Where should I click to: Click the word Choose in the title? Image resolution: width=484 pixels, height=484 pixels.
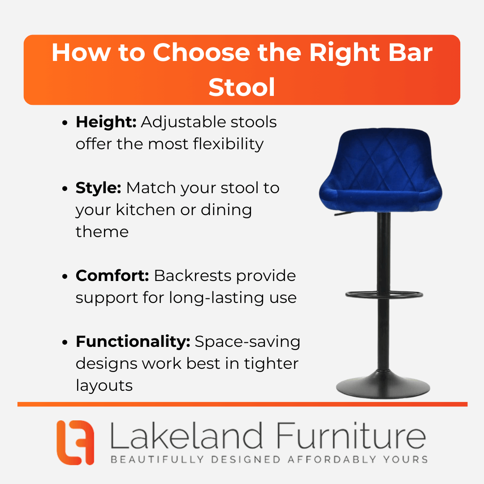pos(201,52)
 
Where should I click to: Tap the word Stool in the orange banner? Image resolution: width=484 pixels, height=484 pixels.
pos(242,87)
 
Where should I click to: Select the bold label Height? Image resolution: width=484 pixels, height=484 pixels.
pos(106,122)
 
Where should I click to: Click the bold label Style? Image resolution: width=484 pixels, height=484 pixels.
pos(98,188)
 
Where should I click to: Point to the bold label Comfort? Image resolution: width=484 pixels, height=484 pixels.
pos(112,276)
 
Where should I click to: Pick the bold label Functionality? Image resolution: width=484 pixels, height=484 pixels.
pos(133,341)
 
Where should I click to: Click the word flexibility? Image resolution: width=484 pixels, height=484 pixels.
pos(228,144)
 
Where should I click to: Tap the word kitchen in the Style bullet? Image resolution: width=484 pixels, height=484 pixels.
pos(146,210)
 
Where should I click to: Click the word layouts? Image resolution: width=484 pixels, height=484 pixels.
pos(104,385)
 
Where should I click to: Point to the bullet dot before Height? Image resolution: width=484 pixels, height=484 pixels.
pos(65,123)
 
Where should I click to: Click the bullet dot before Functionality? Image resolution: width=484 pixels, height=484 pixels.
pos(65,342)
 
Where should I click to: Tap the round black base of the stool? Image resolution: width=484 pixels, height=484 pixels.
pos(383,385)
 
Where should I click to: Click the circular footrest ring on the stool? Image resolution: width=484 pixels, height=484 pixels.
pos(384,295)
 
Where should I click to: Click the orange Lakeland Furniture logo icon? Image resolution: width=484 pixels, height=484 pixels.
pos(75,442)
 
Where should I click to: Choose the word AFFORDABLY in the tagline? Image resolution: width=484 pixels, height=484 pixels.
pos(332,459)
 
